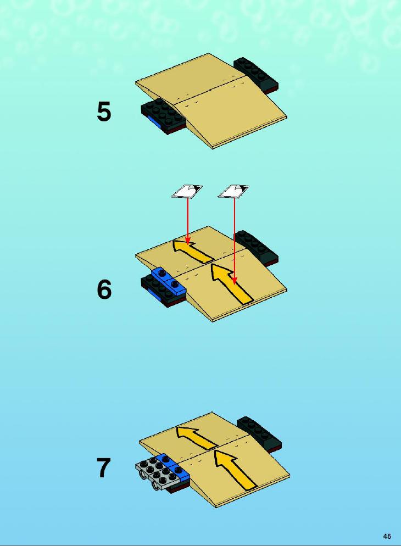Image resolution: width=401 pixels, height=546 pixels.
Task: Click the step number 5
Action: point(104,112)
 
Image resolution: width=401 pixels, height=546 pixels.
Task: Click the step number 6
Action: point(104,289)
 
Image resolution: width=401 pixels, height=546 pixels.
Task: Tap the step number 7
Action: point(103,468)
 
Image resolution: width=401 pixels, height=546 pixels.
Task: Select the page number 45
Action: point(387,536)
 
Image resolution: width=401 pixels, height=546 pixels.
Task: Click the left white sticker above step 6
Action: point(187,191)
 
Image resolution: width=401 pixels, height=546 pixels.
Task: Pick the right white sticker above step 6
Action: point(233,191)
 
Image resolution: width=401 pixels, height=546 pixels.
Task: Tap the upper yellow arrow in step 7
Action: point(196,437)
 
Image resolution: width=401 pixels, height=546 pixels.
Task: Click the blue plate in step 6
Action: point(169,281)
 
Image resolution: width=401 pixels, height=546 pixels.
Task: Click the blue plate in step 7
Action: point(174,466)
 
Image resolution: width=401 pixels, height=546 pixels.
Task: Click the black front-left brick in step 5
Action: point(162,116)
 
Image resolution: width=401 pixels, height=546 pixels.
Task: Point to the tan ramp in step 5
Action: point(211,101)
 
